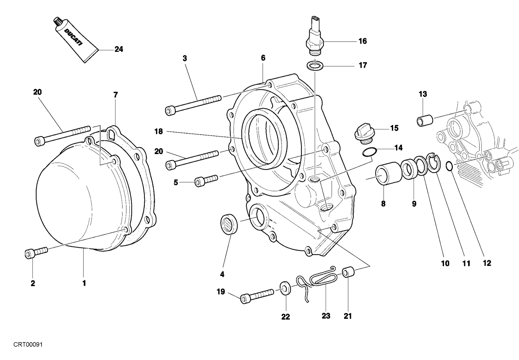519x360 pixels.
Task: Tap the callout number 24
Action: tap(119, 49)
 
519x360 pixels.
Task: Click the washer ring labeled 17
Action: tap(315, 65)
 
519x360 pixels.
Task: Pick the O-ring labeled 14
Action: tap(369, 152)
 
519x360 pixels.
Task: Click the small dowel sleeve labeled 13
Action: tap(425, 120)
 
